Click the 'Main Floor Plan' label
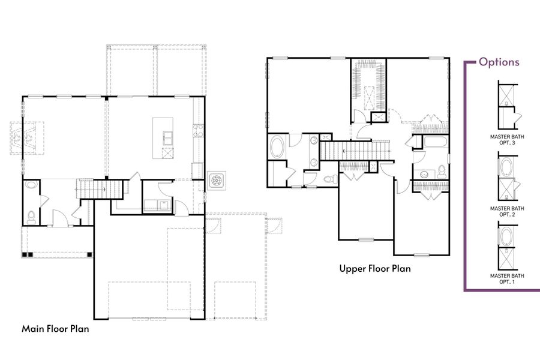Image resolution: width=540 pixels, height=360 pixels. tap(56, 329)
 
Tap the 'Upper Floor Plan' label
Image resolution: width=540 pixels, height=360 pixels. tap(375, 269)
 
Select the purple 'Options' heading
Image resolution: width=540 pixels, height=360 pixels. tap(499, 62)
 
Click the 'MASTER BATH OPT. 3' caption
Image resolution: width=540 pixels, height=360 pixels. tap(507, 139)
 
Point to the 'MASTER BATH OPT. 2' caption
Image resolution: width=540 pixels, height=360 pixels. tap(507, 211)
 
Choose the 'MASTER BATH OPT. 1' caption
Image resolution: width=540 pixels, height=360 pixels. tap(507, 278)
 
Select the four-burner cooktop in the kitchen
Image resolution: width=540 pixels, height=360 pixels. tap(198, 130)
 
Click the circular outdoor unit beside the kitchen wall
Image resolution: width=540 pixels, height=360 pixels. tap(216, 180)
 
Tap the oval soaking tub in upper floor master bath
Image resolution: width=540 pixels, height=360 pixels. tap(278, 147)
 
